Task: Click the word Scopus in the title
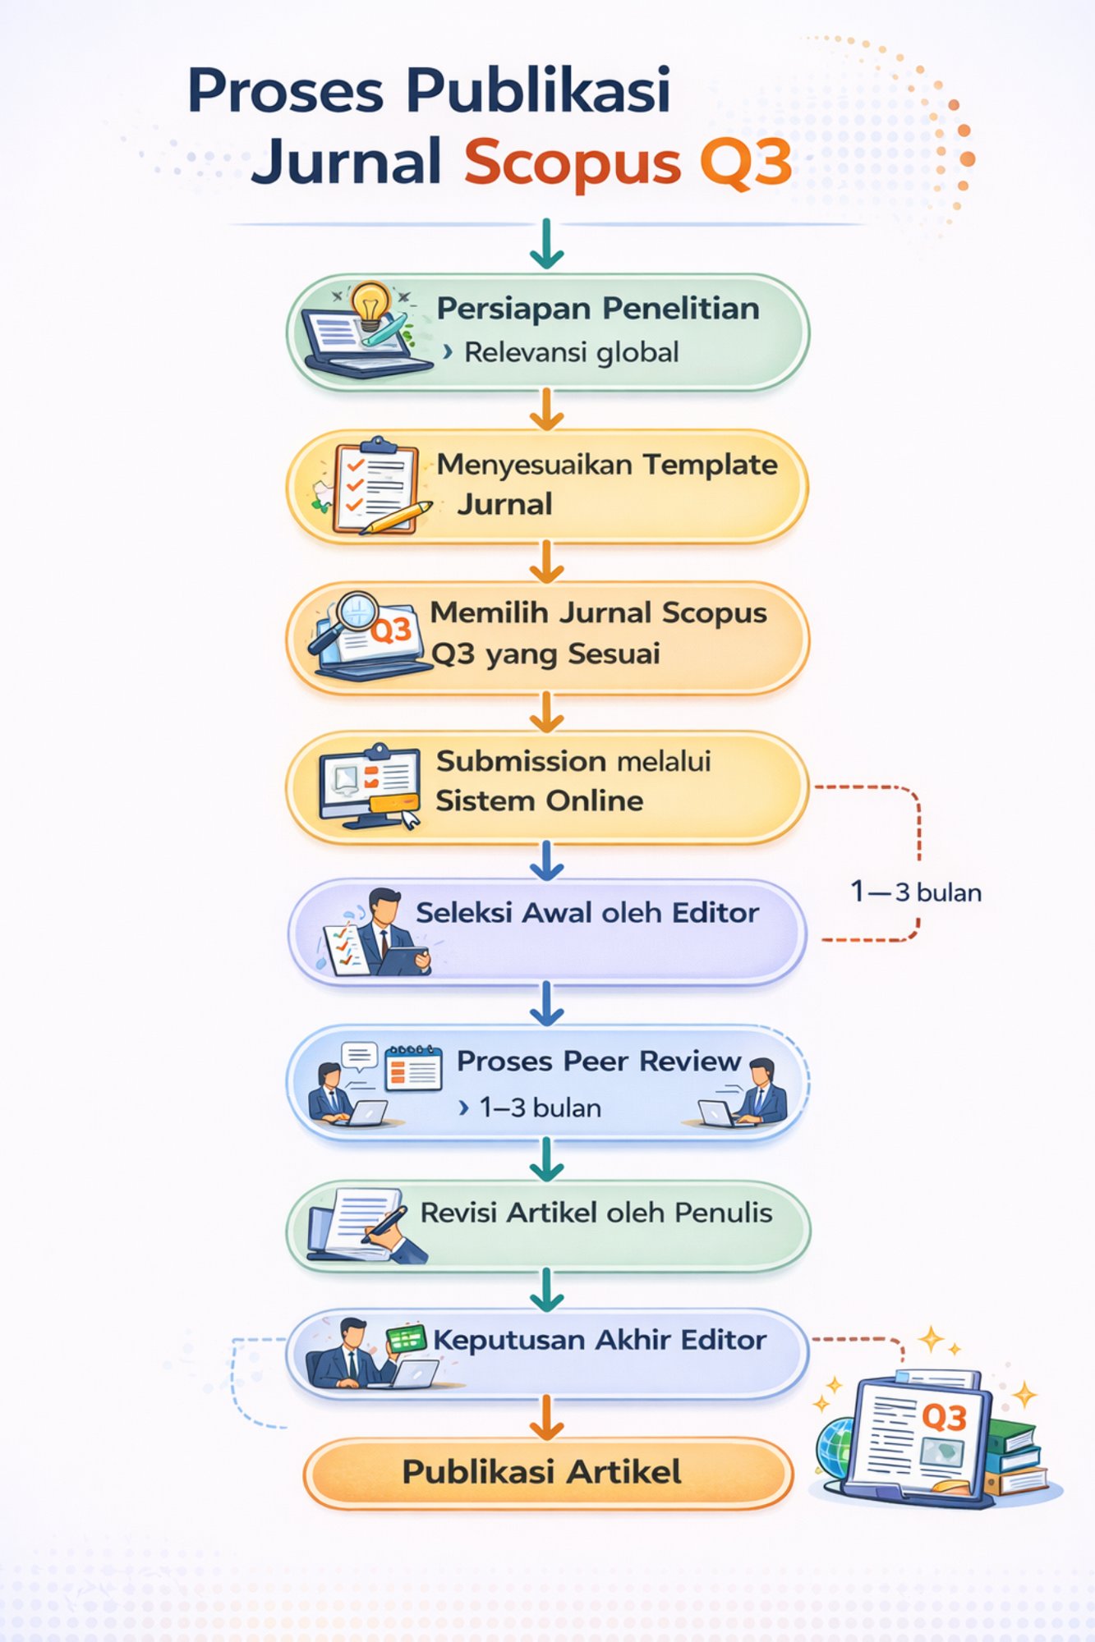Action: click(572, 162)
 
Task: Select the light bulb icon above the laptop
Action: click(370, 303)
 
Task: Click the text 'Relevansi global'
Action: click(571, 353)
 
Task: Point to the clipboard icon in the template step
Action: click(375, 484)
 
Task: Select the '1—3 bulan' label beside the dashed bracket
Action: click(916, 892)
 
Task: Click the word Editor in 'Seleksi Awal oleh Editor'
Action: click(715, 913)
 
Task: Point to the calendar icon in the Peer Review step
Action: click(413, 1067)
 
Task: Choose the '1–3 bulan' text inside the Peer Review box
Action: click(540, 1108)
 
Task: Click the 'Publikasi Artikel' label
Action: click(541, 1471)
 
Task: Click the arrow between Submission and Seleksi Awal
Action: click(547, 860)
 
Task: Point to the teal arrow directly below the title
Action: click(547, 245)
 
